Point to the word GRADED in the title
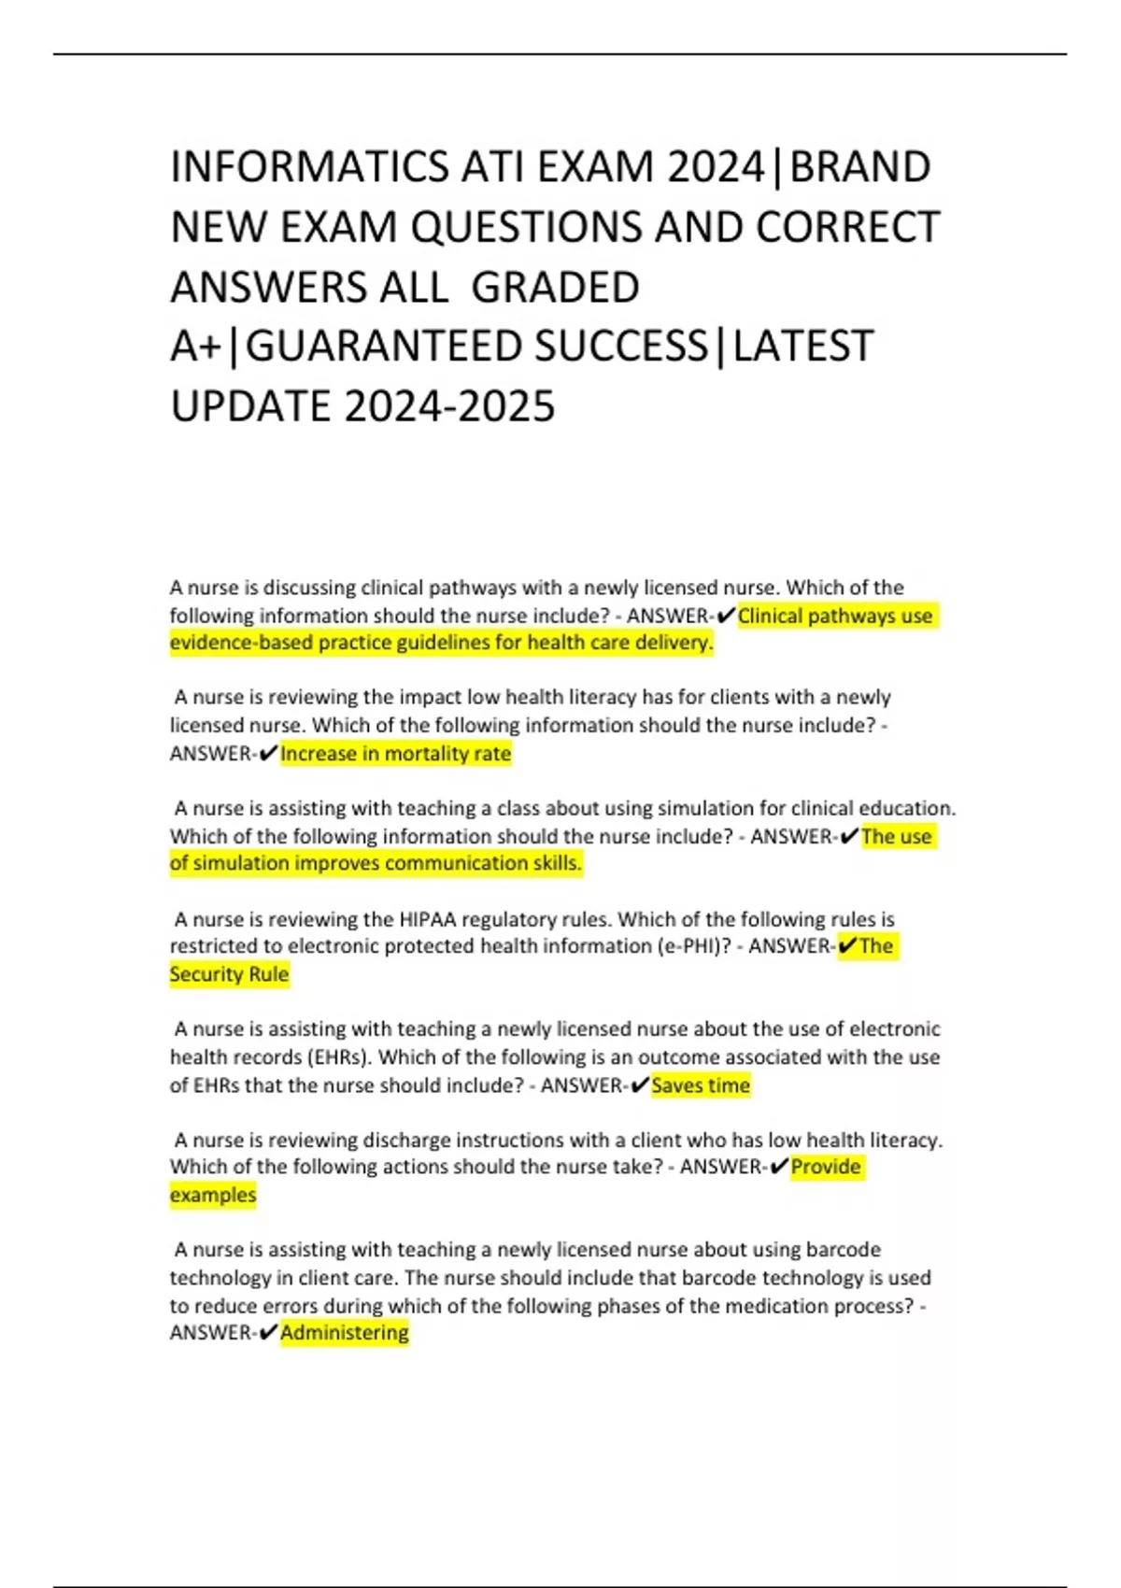coord(555,287)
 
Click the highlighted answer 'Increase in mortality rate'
coord(395,754)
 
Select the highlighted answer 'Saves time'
coord(701,1085)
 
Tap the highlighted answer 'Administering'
coord(345,1333)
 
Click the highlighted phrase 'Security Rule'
coord(229,974)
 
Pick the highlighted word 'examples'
coord(213,1195)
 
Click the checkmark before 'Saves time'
coord(640,1085)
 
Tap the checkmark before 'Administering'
coord(267,1333)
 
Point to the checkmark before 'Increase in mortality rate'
coord(267,754)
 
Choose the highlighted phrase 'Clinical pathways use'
coord(835,617)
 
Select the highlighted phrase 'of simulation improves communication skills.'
coord(376,863)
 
